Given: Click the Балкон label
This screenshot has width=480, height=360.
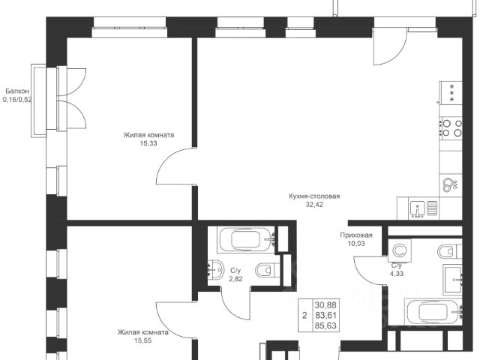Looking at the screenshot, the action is click(17, 91).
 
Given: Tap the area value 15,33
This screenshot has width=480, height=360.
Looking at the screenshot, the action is click(148, 143).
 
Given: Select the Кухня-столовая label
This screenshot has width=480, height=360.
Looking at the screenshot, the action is click(314, 196).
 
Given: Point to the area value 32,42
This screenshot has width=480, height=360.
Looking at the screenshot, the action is click(314, 205).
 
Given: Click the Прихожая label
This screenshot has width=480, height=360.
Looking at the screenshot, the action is click(356, 235).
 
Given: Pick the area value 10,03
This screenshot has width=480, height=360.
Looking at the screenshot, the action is click(356, 244).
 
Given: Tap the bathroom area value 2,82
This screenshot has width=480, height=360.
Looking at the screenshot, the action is click(235, 279).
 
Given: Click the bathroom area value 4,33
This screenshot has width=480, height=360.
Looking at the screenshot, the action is click(397, 273).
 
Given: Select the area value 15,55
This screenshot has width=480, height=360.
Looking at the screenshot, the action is click(143, 340).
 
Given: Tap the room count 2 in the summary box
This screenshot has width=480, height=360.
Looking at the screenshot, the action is click(304, 315).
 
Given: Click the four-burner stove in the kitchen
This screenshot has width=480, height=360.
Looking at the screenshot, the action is click(451, 128).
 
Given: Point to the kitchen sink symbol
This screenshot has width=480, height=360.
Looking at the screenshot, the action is click(418, 208).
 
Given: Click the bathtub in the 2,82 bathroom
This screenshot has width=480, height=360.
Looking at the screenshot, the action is click(247, 239).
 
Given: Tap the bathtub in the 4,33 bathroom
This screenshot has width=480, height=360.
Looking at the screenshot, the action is click(433, 312).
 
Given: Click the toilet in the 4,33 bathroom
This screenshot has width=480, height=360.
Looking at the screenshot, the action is click(449, 252).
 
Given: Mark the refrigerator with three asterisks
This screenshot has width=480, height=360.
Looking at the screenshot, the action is click(450, 93).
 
